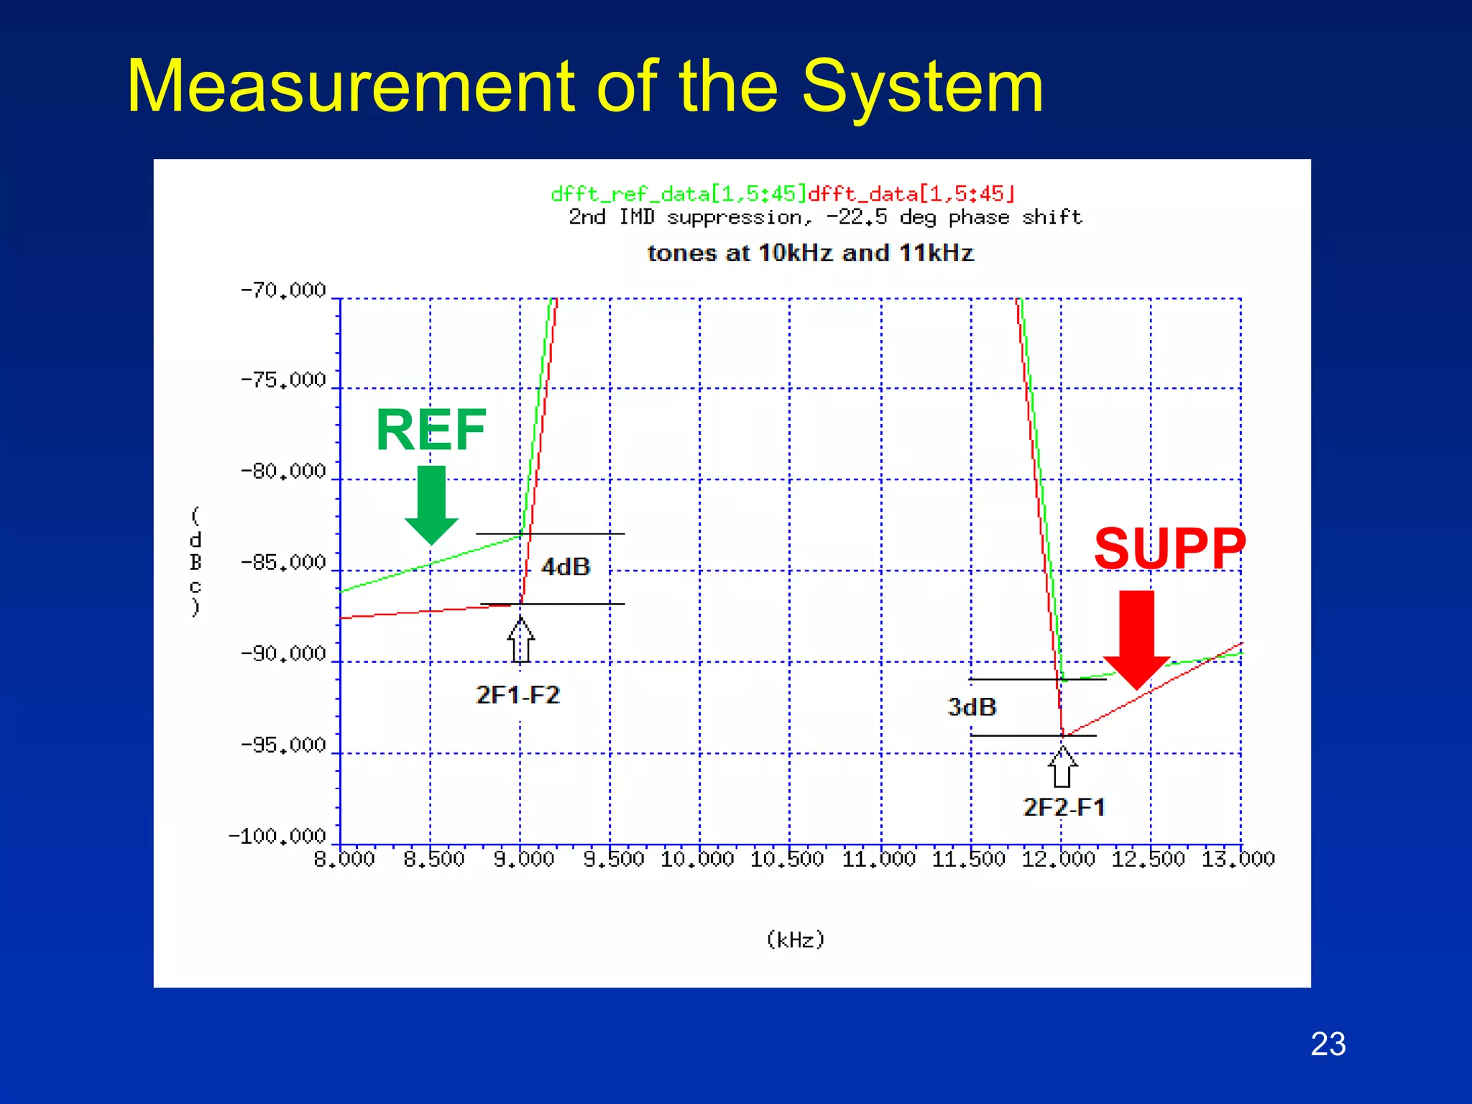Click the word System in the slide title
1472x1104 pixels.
pos(922,87)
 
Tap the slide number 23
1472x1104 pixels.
pos(1328,1044)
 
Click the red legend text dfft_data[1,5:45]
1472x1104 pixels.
pos(911,194)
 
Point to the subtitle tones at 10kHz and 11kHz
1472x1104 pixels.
pos(810,253)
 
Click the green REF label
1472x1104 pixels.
pos(431,430)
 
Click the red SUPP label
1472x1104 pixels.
pos(1169,548)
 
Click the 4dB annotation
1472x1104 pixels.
pos(566,567)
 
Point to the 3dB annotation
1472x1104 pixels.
pos(972,707)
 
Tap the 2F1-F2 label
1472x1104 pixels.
pos(517,695)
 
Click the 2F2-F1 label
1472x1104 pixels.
pos(1064,807)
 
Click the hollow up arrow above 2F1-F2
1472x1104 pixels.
pos(521,640)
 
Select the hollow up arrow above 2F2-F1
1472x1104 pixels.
pos(1062,767)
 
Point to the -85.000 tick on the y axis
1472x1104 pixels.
pos(284,563)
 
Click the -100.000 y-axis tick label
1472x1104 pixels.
pos(277,837)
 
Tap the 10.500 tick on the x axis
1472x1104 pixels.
pos(787,859)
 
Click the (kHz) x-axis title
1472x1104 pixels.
pos(796,940)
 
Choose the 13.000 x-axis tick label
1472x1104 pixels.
pos(1238,859)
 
